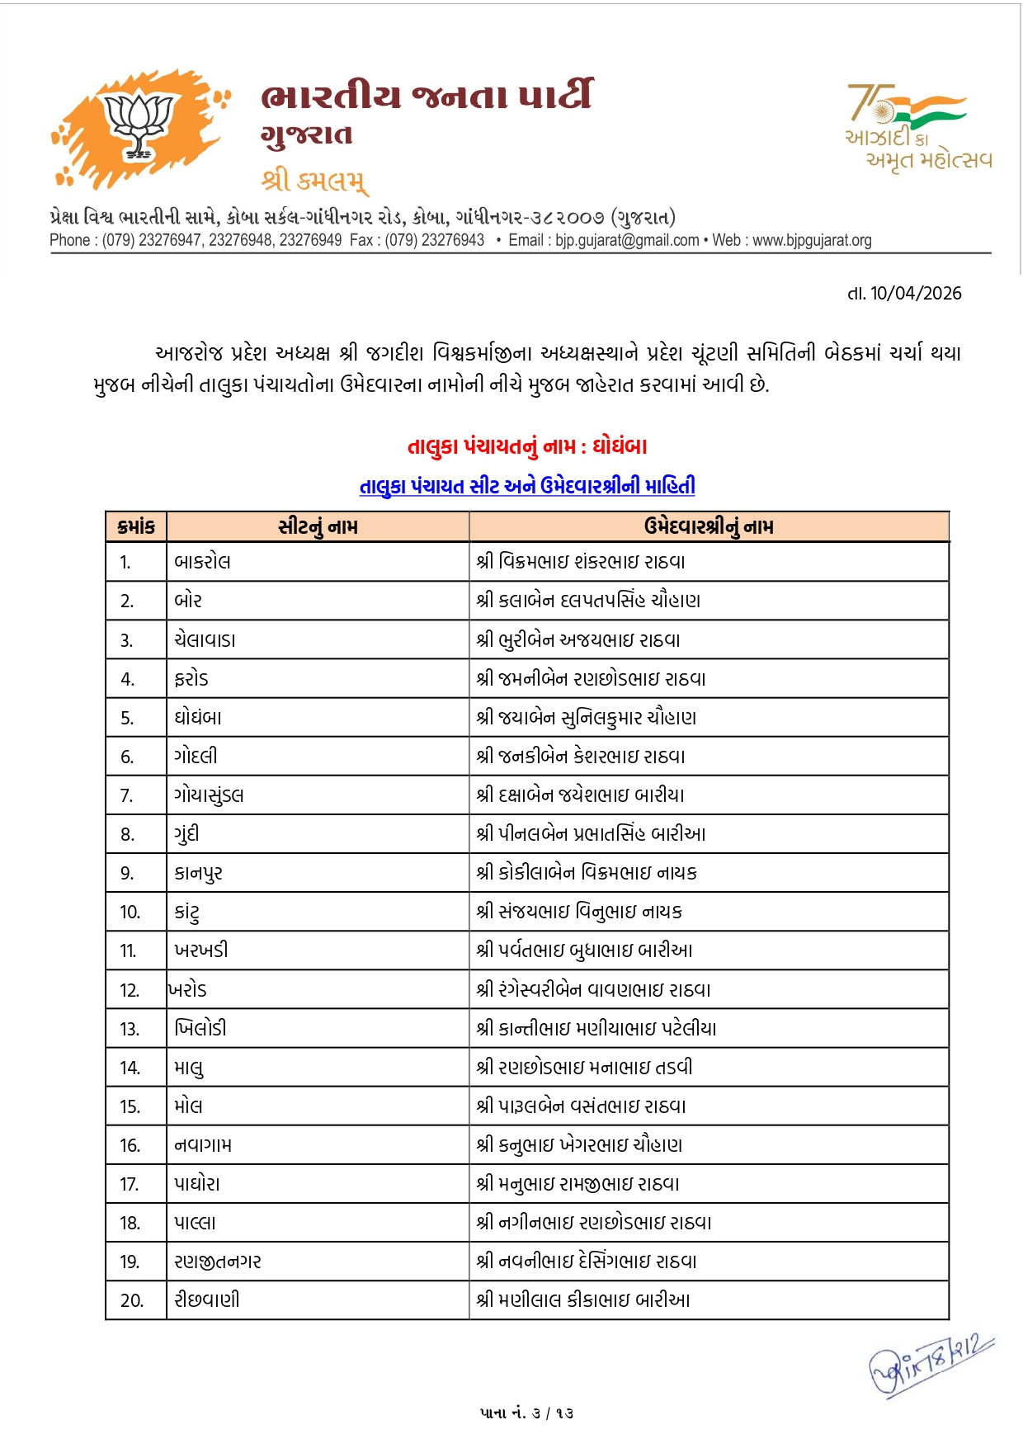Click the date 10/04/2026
click(915, 293)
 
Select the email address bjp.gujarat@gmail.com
click(626, 240)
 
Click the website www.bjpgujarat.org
click(812, 240)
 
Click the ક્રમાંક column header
click(136, 526)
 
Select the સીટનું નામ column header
click(318, 526)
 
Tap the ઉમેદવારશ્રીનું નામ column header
click(709, 526)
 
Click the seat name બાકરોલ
click(202, 562)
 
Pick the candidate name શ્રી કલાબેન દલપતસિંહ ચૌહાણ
click(588, 601)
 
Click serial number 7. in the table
click(127, 795)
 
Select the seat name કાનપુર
click(198, 873)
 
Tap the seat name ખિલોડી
click(200, 1028)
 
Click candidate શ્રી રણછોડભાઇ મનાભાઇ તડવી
click(584, 1067)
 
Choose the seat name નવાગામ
click(203, 1144)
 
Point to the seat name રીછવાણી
click(207, 1299)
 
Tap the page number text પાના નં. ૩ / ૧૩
click(526, 1413)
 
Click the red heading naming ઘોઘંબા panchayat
click(527, 446)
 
